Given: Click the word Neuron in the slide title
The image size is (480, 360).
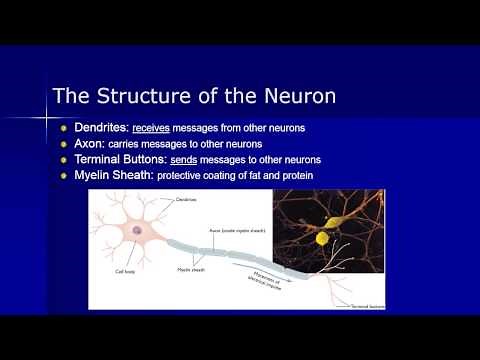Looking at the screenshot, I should (x=292, y=98).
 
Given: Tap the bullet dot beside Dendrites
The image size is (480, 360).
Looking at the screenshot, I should (x=64, y=129).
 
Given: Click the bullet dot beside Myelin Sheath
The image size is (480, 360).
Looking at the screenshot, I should (x=64, y=176).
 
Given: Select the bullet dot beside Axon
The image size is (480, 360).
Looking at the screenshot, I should (x=64, y=144).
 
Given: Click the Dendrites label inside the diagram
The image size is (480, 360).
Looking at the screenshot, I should (x=186, y=200).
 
